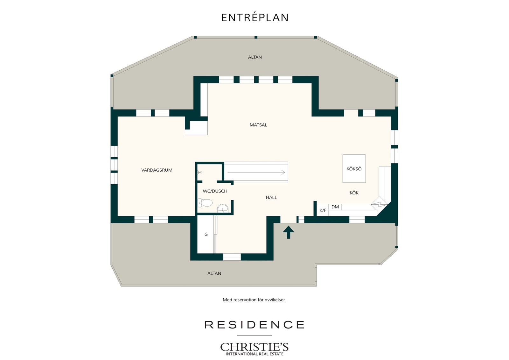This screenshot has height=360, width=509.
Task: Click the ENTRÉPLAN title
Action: pos(255,18)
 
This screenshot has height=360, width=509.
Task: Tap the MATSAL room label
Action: pos(258,125)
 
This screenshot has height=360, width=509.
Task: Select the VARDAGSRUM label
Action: pos(157,170)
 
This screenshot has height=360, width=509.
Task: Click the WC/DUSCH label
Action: pos(215,191)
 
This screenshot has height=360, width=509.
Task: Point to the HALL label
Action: pos(271,197)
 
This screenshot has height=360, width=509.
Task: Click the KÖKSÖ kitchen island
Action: pos(354,169)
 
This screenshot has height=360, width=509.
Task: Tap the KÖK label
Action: pos(354,193)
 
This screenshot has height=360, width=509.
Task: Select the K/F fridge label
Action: pos(323,210)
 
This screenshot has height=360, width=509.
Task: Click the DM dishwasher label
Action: pos(335,207)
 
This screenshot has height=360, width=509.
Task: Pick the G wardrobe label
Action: pos(206,234)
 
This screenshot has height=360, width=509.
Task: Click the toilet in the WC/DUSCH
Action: pos(205,203)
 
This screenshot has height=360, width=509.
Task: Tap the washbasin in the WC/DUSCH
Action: pos(223,209)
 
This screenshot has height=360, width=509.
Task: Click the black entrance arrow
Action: pos(288,232)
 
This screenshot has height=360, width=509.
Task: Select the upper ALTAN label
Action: pos(255,57)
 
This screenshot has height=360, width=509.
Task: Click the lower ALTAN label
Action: pos(214,273)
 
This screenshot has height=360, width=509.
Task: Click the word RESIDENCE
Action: pos(254,325)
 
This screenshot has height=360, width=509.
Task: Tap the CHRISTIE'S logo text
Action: pos(254,347)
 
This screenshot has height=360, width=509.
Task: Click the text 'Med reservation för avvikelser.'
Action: pos(254,300)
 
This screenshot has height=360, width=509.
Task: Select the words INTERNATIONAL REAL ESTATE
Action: pos(254,354)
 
